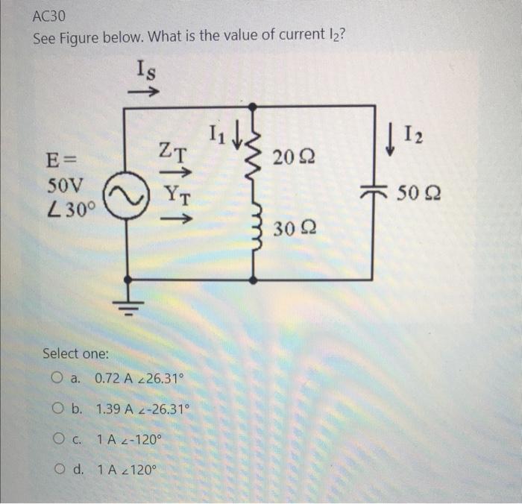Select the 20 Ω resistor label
[294, 157]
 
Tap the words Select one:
[75, 353]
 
